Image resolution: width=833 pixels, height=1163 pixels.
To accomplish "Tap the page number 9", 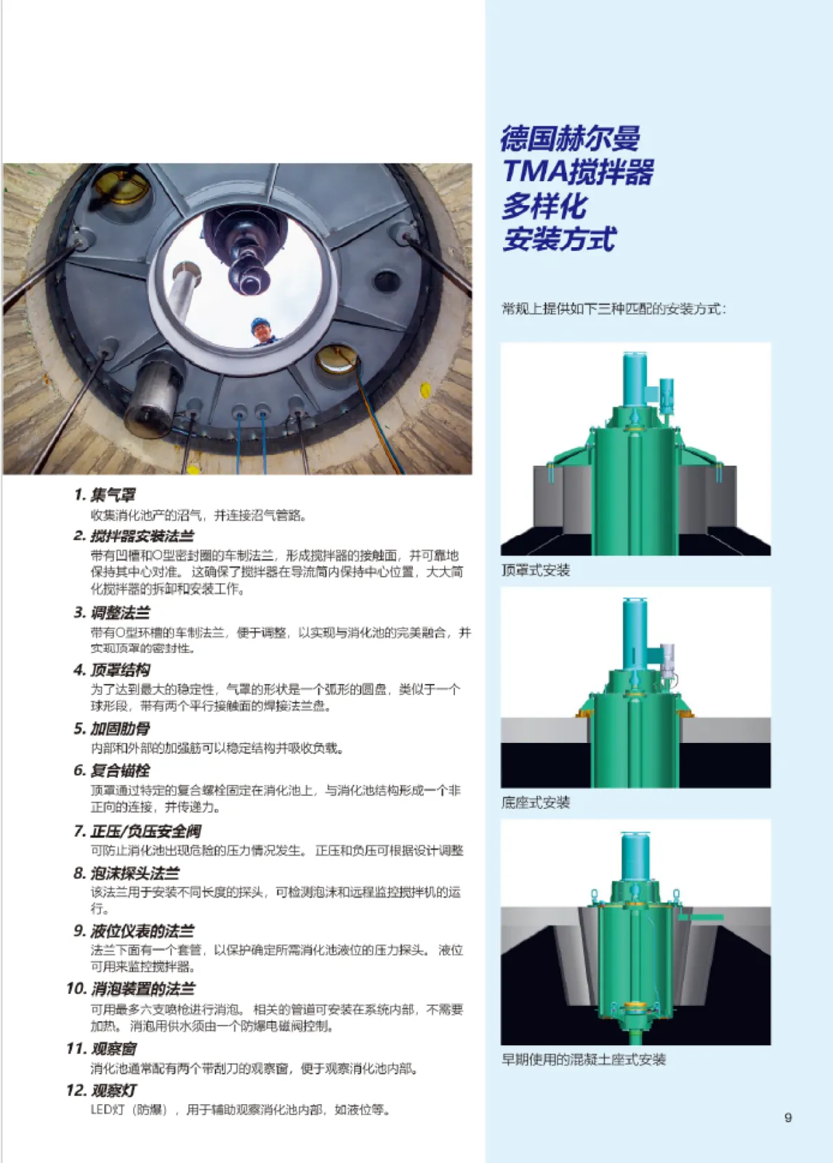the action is tap(788, 1117).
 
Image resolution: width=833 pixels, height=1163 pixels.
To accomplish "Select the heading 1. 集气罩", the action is tap(105, 495).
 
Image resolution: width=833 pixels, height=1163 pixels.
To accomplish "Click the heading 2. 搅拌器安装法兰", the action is tap(134, 536).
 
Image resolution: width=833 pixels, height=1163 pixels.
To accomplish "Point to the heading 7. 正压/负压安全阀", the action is tap(137, 832).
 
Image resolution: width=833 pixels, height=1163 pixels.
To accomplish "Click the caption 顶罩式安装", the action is tap(536, 570).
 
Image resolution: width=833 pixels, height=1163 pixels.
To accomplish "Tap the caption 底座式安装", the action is tap(536, 802).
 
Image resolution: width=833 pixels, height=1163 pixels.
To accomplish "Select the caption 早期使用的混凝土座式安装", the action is tap(583, 1059).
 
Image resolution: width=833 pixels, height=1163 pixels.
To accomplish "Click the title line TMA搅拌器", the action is tap(578, 172).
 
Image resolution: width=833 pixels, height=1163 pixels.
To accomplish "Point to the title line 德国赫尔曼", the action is tap(570, 138).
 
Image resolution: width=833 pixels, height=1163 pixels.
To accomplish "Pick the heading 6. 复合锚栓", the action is tap(112, 770).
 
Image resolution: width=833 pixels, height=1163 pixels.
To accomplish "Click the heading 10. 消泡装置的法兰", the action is tap(130, 989).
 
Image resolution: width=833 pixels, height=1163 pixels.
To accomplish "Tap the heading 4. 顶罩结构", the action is tap(112, 669).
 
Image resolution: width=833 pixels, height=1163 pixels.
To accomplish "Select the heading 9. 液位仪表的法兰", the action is tap(134, 931).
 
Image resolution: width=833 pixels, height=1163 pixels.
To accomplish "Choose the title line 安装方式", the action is tap(559, 239).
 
